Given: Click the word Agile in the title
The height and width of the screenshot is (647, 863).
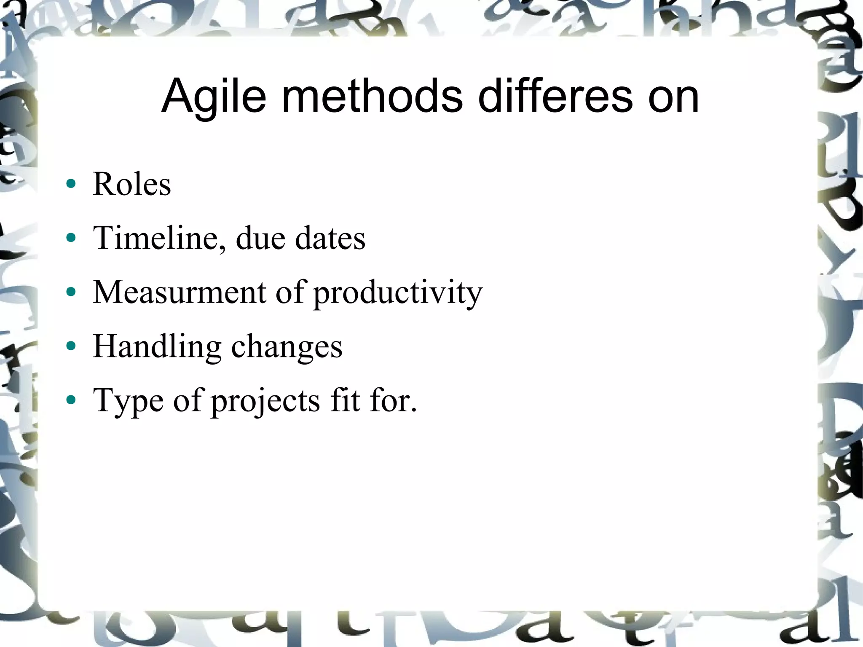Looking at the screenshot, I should pos(214,97).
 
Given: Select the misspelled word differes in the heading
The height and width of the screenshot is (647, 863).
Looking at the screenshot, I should pos(555,97).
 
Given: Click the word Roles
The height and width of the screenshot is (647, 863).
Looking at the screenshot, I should pos(132,184).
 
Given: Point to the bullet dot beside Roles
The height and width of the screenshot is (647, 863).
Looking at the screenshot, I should pos(71,184).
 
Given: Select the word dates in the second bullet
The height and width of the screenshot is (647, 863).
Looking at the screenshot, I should pos(330,238).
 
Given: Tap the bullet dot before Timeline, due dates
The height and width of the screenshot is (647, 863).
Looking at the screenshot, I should pos(71,238).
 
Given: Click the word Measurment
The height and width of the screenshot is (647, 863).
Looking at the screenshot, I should pos(180,292).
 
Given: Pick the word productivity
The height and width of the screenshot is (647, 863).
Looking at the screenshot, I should pos(398,293).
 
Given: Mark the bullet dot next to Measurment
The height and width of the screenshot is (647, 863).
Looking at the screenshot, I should pos(71,292).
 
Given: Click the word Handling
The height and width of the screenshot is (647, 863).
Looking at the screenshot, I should pos(157,346).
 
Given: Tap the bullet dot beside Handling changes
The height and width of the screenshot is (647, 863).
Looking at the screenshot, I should pos(71,346).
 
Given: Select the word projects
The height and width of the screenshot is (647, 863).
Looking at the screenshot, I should pos(265,401).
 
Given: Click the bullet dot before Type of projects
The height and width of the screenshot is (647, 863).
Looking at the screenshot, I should pos(71,400).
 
